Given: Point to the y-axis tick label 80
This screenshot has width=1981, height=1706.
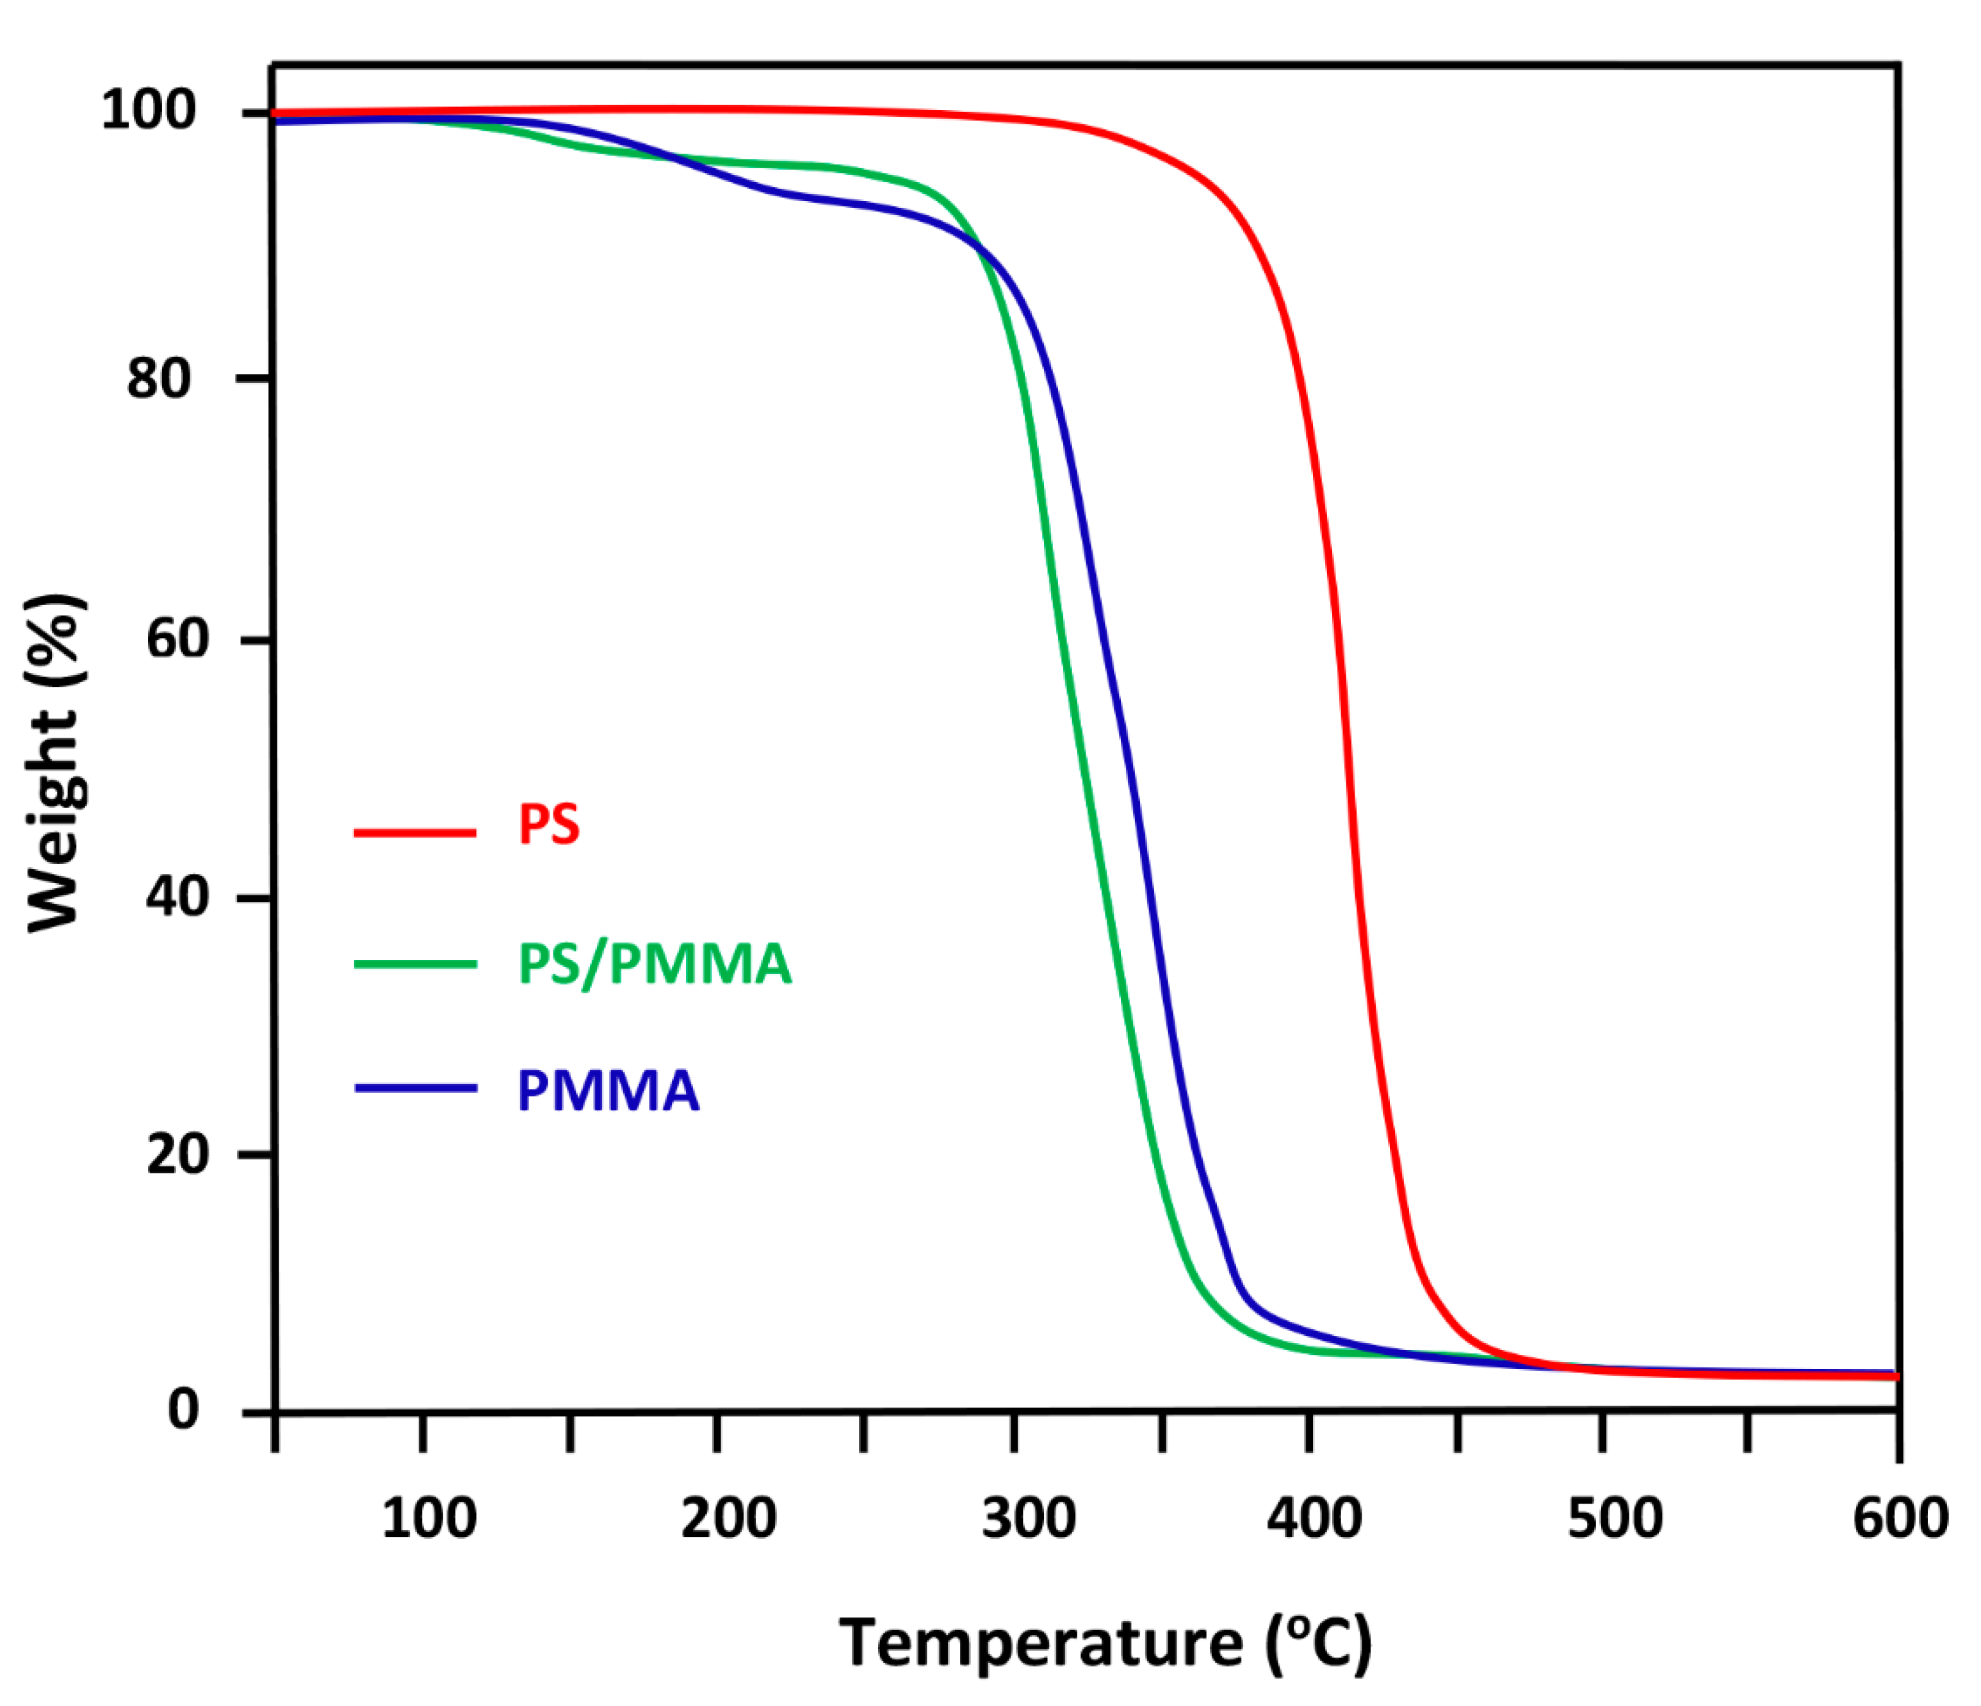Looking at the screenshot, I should point(159,378).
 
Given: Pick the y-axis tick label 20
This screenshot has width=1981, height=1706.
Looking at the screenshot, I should point(178,1155).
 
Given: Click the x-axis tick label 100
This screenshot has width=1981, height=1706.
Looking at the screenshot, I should point(429,1518).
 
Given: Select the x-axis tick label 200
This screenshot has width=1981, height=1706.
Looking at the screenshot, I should point(728,1518).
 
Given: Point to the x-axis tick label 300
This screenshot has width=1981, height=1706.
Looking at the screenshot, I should point(1029,1518).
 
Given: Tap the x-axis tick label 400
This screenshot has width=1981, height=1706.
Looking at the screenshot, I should point(1315,1518).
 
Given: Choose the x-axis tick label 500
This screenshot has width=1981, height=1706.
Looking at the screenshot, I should point(1615,1518).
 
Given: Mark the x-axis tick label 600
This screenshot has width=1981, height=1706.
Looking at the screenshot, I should point(1900,1518).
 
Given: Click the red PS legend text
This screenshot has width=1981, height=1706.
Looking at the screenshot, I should point(549,824).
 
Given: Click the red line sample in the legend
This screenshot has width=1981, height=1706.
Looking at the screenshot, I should point(415,833).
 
